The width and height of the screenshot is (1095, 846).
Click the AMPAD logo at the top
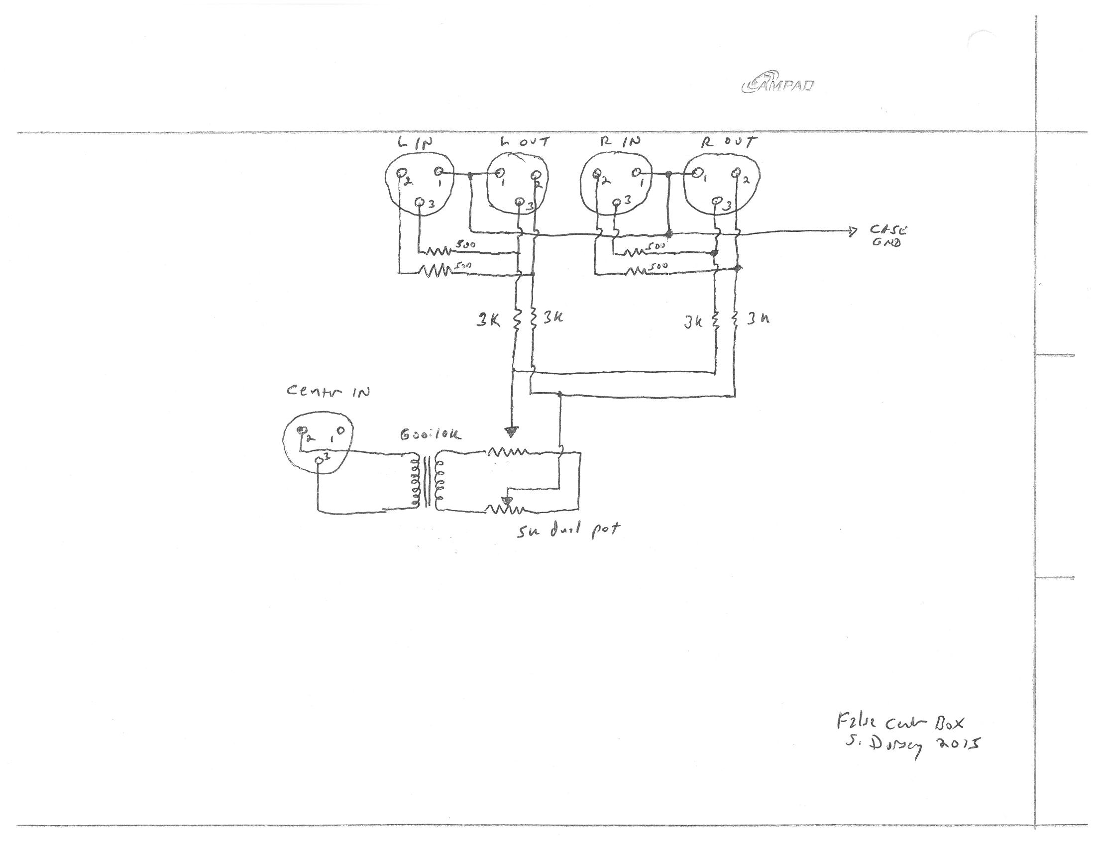pos(777,86)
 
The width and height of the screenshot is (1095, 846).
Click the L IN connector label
pos(416,143)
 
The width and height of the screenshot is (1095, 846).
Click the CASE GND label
pos(888,236)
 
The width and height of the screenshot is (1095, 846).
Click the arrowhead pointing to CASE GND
pos(851,231)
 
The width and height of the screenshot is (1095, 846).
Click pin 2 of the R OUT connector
pos(736,173)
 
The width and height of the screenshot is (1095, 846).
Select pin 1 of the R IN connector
pos(637,173)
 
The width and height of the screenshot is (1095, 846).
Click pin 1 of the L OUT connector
pos(499,173)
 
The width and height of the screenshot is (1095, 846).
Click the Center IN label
pos(328,392)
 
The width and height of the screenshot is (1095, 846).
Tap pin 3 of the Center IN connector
pos(320,460)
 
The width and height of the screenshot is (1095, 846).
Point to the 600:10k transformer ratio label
pos(430,435)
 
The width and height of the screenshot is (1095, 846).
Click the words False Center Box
pos(900,723)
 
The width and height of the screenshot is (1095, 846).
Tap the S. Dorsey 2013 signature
pos(912,745)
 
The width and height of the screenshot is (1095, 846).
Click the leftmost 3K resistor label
pos(487,321)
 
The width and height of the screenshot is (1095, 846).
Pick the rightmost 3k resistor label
pos(758,319)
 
